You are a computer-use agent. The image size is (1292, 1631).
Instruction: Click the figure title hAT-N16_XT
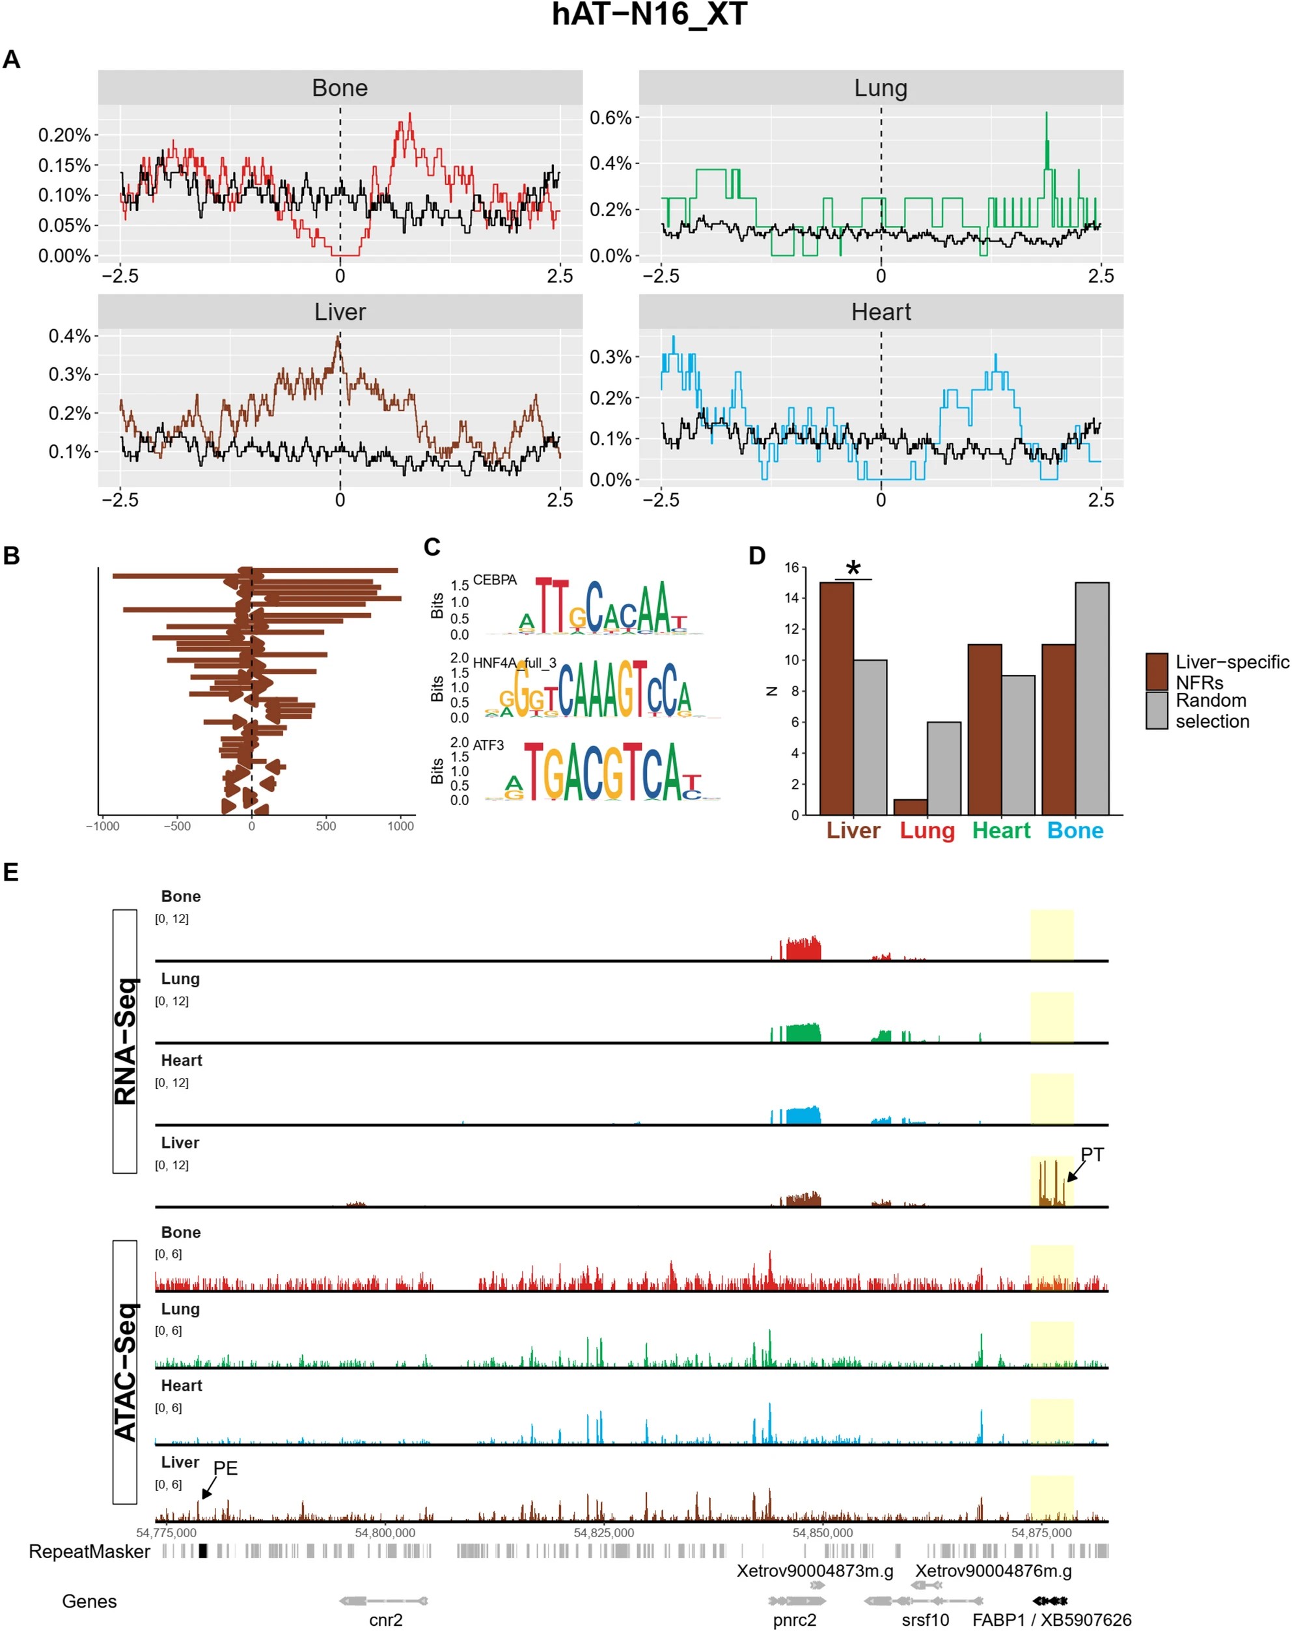point(649,15)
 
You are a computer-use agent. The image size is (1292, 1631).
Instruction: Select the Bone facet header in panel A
point(340,88)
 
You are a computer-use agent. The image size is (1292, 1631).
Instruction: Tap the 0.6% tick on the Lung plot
point(610,118)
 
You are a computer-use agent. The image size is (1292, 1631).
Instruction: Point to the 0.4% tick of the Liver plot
point(70,336)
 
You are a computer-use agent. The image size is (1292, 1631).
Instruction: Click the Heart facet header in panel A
point(880,312)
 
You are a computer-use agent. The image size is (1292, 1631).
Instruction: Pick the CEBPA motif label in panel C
point(495,580)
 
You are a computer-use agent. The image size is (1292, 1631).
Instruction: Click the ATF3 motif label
point(488,745)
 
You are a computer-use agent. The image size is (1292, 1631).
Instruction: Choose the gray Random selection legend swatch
point(1156,711)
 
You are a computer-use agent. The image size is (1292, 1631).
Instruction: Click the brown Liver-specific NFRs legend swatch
point(1156,672)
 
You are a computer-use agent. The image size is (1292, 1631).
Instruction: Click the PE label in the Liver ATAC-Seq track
point(225,1468)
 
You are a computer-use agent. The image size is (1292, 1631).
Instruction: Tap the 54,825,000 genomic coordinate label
point(603,1533)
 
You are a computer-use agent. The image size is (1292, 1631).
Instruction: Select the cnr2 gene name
point(385,1620)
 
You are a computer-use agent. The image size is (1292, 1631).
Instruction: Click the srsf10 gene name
point(925,1620)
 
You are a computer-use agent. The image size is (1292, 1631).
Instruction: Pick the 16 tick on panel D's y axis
point(791,567)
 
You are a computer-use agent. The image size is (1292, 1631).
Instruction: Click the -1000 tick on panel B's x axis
point(103,826)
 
